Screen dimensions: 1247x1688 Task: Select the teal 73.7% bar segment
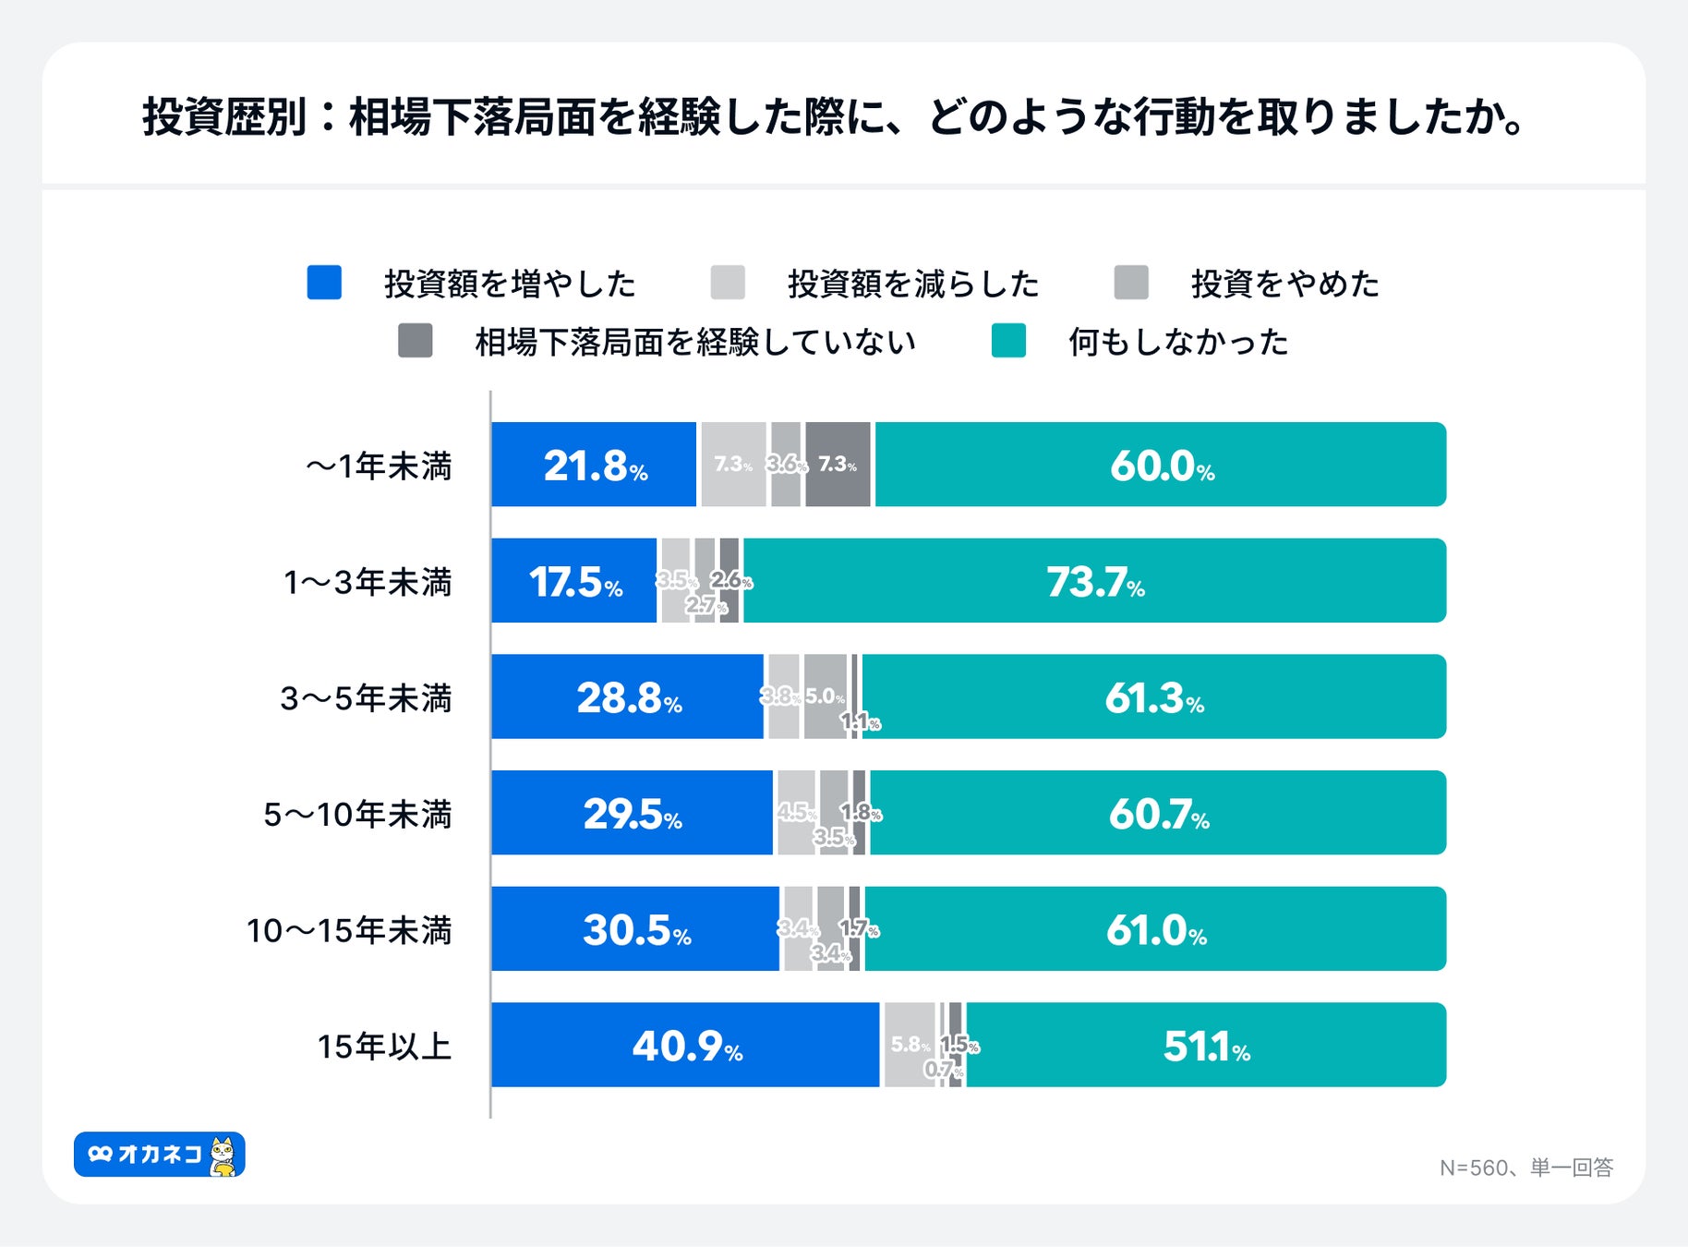(1094, 581)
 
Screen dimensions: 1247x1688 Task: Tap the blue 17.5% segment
(573, 581)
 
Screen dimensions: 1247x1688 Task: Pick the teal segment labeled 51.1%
(1205, 1045)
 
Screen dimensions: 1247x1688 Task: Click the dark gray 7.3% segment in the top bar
(838, 465)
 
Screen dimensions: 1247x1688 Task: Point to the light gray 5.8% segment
(909, 1045)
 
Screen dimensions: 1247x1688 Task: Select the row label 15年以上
(384, 1047)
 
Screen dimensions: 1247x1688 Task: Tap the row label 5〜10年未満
(357, 815)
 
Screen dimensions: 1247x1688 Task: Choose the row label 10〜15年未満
(349, 930)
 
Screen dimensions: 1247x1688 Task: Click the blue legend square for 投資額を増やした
(324, 283)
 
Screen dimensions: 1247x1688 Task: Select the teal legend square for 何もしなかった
(1008, 341)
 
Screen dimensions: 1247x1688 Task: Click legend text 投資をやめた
(1284, 284)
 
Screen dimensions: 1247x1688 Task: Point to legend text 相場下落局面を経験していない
(694, 342)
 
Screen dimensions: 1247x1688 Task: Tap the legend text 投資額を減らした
(912, 284)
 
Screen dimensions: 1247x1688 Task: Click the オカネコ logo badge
(159, 1155)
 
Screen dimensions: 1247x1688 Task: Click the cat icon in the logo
(223, 1156)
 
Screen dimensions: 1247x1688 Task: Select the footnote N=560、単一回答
(1525, 1168)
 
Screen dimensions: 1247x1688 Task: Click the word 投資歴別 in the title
(223, 117)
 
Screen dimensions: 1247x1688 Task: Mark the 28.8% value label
(629, 697)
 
